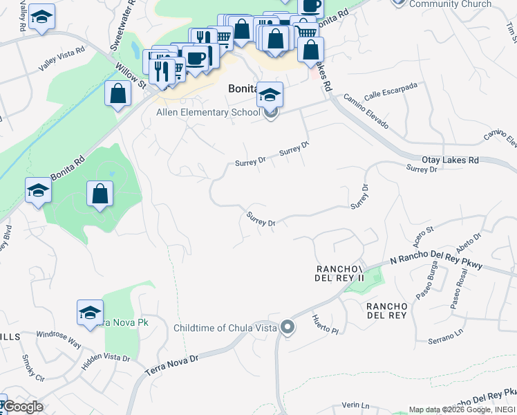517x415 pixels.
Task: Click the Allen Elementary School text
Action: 208,112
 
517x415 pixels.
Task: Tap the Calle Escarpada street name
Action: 391,90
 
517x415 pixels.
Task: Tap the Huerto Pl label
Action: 324,324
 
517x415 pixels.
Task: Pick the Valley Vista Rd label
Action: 62,59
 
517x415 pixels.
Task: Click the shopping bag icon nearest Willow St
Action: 117,93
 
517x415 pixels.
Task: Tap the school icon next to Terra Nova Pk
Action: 90,313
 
